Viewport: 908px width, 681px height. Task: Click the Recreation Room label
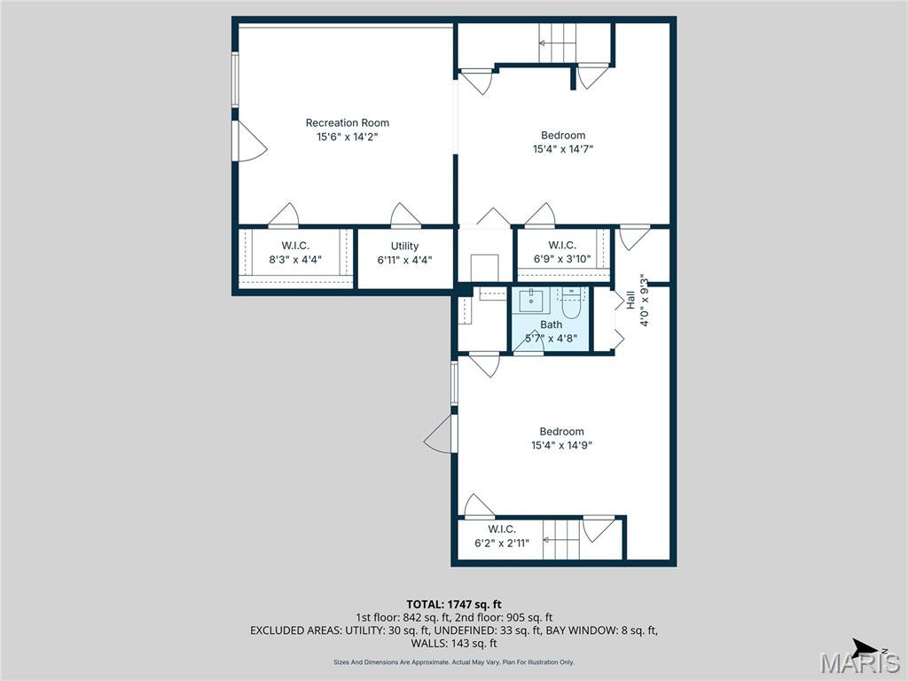(x=348, y=122)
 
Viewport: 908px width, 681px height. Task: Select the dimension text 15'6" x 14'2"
(x=348, y=137)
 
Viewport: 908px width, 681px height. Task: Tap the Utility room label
(x=404, y=246)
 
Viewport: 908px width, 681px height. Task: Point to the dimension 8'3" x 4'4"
(x=295, y=260)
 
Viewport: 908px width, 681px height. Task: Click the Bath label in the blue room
(x=552, y=325)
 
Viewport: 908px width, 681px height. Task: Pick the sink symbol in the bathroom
(x=531, y=300)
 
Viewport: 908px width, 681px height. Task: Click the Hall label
(x=630, y=300)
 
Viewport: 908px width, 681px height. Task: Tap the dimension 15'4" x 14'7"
(x=563, y=150)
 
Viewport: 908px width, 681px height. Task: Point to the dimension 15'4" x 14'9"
(x=562, y=446)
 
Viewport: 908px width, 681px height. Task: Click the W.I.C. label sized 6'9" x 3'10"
(x=562, y=245)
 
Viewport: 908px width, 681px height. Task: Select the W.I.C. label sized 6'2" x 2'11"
(x=502, y=529)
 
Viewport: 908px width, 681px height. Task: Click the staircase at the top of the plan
(x=558, y=43)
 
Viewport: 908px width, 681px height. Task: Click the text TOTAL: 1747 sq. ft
(x=454, y=604)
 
